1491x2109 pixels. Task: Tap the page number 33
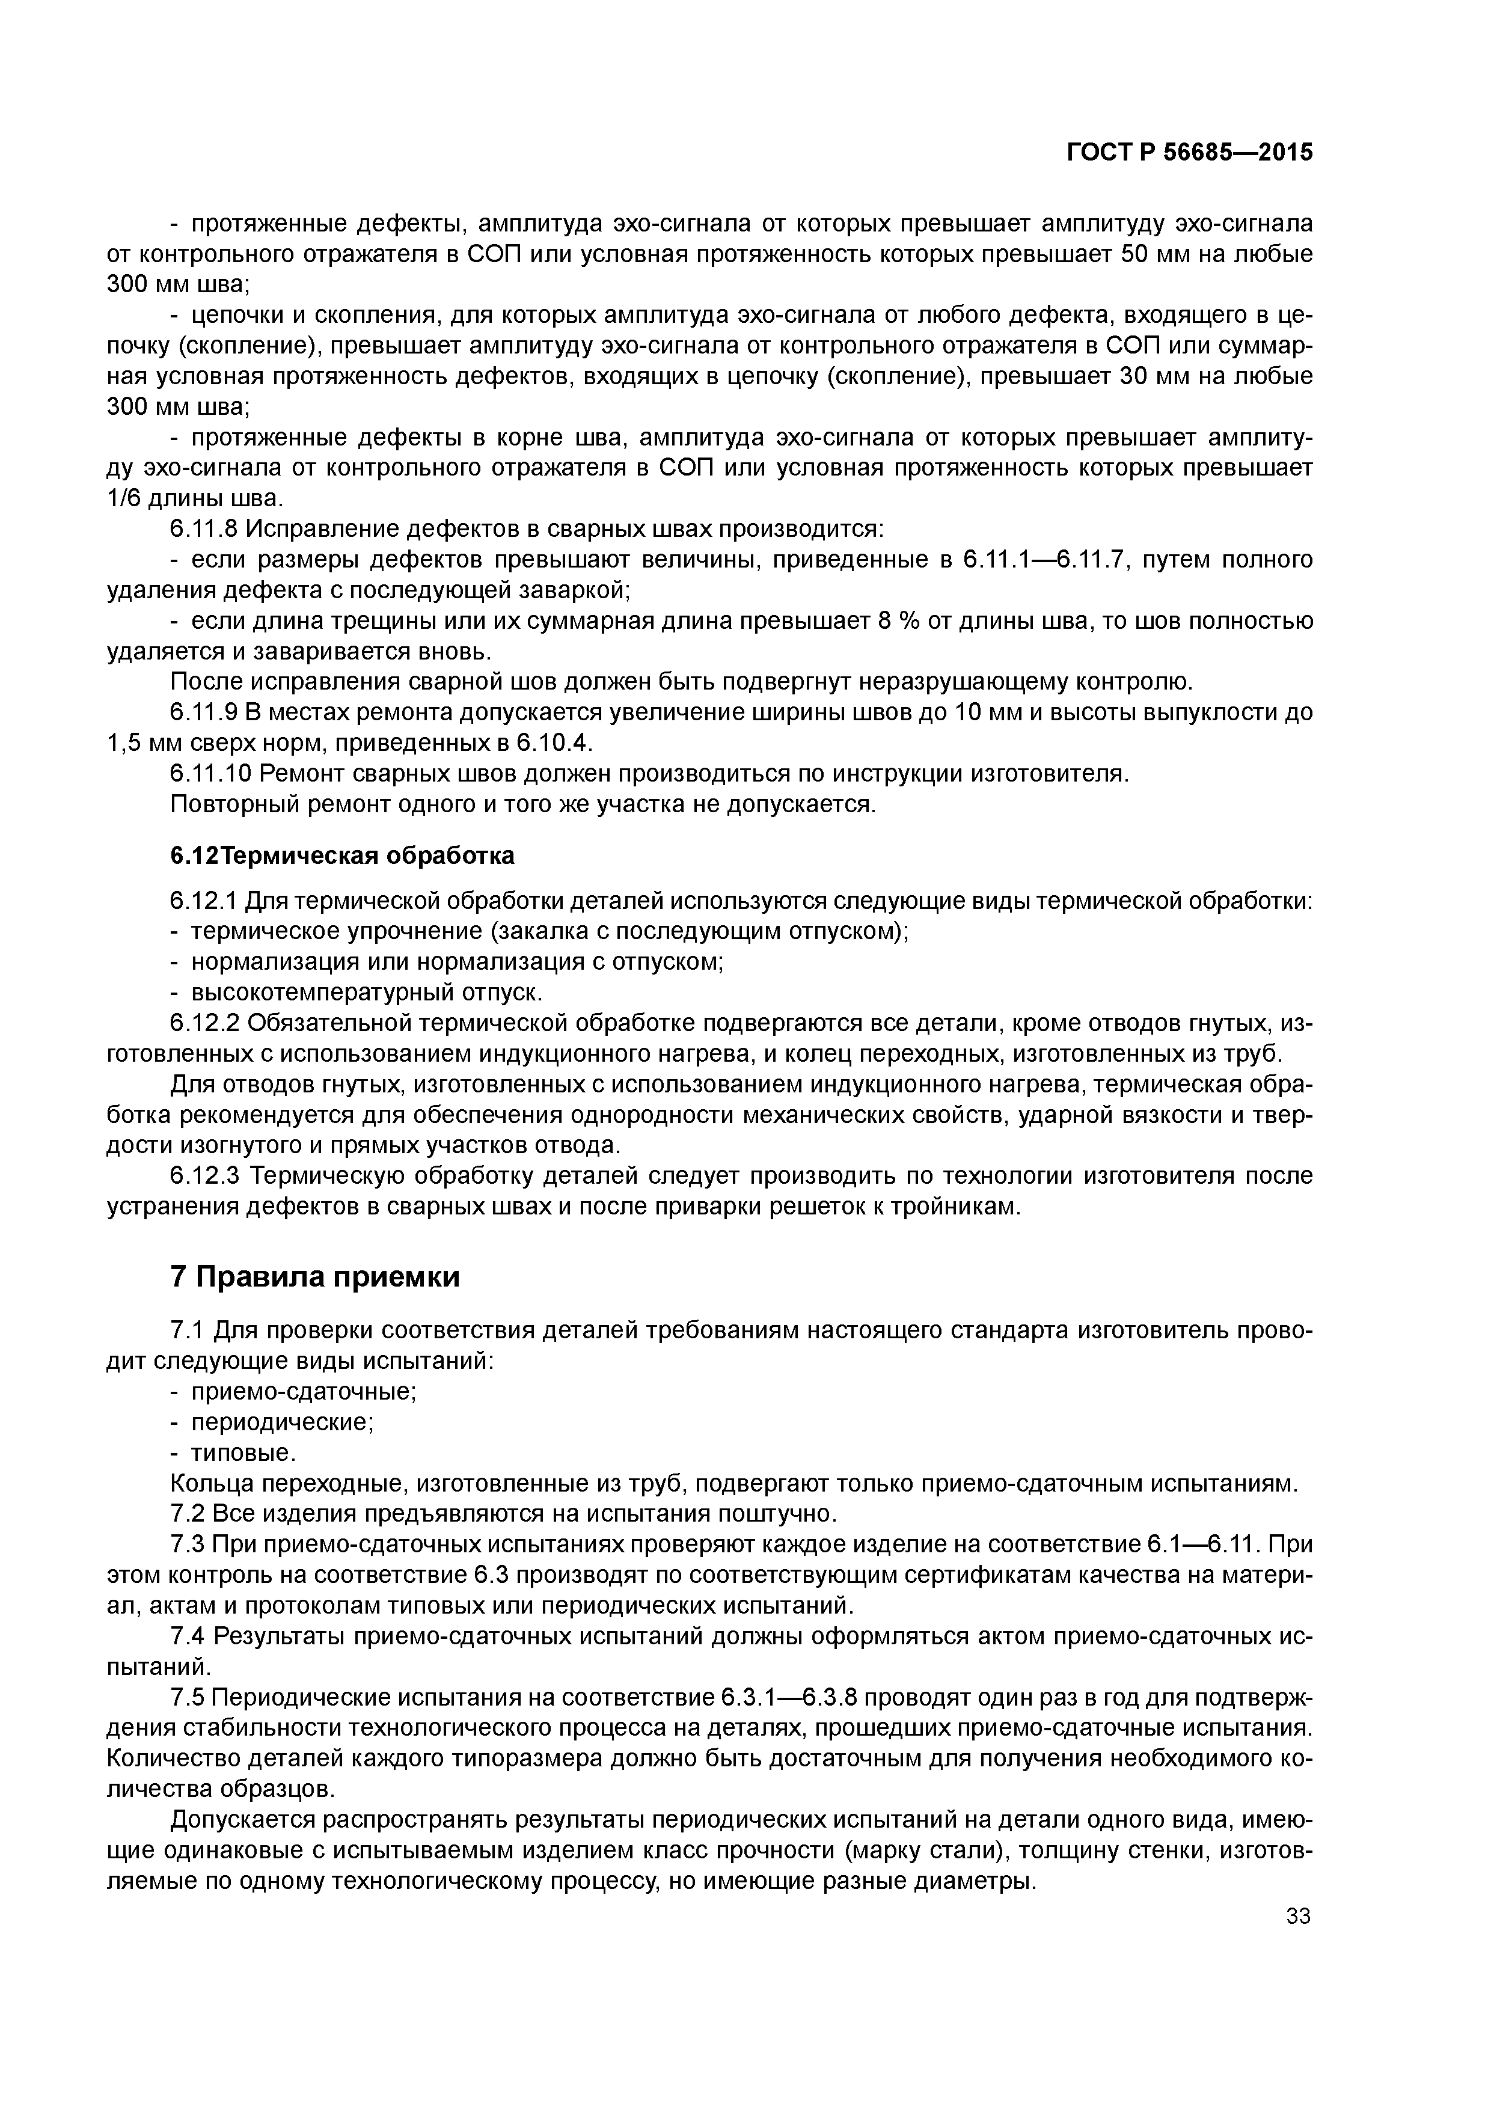[1298, 1916]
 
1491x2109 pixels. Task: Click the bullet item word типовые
[242, 1453]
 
